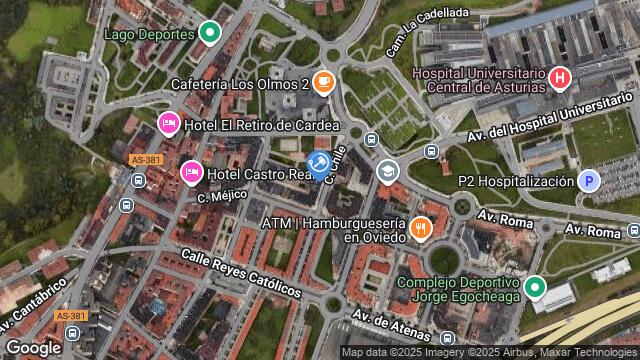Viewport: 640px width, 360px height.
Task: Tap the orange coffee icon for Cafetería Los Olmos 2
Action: click(x=323, y=83)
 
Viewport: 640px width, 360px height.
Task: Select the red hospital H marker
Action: click(x=560, y=76)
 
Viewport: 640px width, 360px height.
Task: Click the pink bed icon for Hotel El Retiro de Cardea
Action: click(x=169, y=124)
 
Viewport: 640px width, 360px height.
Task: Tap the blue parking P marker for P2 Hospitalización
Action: click(x=590, y=181)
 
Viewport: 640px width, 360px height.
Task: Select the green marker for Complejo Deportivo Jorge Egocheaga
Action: click(x=535, y=289)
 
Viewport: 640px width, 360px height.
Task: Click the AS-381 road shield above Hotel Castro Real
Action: click(x=145, y=159)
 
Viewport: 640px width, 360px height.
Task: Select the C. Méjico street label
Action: click(x=215, y=197)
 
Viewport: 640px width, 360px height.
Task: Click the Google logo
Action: click(x=33, y=347)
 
